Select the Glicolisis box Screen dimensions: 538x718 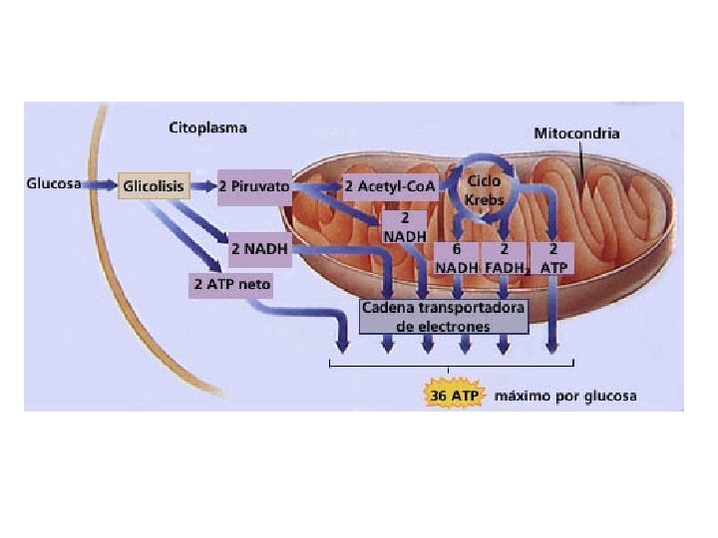153,186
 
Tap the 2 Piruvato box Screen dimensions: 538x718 253,186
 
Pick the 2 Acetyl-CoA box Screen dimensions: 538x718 383,186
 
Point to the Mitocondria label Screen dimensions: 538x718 576,133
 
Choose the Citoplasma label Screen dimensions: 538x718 206,128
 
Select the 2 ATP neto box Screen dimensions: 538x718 231,284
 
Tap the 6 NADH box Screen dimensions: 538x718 456,258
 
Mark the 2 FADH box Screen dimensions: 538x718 504,258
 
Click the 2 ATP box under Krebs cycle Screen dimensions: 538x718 552,258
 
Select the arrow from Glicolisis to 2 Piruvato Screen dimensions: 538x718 201,186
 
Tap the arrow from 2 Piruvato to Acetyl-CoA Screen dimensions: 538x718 316,187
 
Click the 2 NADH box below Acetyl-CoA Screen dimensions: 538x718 404,225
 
